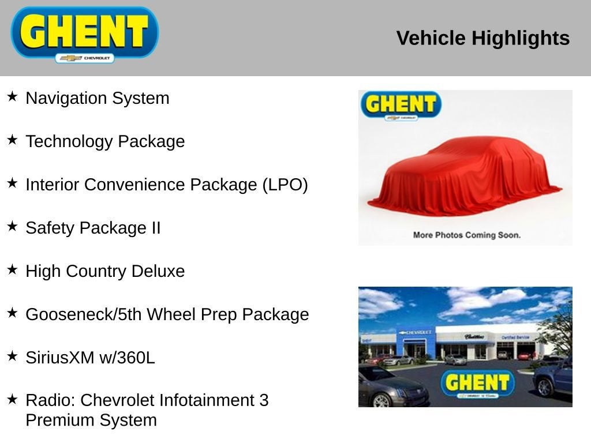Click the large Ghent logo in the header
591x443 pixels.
point(85,33)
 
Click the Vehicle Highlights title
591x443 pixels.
point(482,38)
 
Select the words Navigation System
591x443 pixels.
point(98,98)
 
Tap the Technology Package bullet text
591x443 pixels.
point(105,141)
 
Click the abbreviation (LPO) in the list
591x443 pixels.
point(285,185)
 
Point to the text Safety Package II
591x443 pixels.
point(93,228)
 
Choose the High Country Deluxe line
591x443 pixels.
point(105,271)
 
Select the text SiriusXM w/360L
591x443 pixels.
point(90,358)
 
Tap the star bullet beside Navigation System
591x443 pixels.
point(12,96)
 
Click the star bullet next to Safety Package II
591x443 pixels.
point(12,226)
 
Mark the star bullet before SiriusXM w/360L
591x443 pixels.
point(12,356)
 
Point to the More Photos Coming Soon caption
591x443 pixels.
point(466,235)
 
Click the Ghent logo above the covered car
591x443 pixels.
point(401,106)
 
